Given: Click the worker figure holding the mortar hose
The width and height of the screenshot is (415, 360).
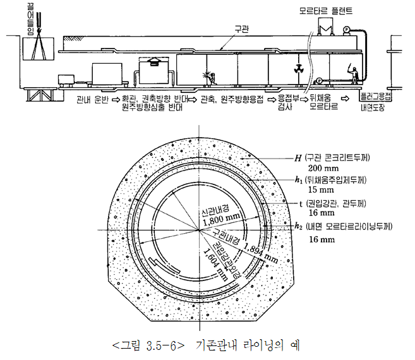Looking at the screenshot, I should pos(356,75).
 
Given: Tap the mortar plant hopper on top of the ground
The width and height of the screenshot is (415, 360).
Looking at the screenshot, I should pos(327,28).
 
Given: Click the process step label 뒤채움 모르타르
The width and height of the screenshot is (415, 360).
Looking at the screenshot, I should pos(325,102).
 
